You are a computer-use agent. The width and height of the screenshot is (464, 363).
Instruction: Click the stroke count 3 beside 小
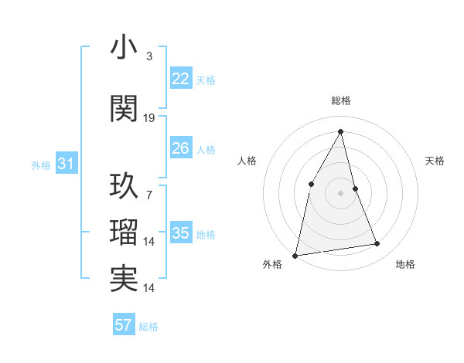pos(149,56)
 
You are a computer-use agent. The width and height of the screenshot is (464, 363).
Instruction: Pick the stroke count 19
pos(149,118)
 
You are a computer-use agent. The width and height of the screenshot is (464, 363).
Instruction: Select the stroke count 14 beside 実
pos(149,288)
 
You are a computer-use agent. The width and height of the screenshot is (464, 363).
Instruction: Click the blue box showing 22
pos(180,79)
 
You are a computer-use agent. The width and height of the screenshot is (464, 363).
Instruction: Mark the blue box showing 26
pos(180,148)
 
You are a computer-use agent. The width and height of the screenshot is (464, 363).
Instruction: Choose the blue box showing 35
pos(180,233)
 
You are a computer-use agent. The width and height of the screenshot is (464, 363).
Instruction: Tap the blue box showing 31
pos(66,164)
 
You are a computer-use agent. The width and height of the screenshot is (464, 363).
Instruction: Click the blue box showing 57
pos(124,325)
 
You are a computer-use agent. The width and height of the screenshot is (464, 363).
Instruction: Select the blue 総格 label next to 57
pos(148,327)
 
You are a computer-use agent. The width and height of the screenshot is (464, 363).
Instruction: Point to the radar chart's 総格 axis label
pos(341,100)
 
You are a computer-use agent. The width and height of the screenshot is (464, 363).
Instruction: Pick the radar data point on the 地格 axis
pos(377,244)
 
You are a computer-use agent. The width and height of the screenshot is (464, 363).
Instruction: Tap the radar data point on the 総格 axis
pos(341,131)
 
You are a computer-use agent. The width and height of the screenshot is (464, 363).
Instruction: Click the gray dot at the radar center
pos(341,193)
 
